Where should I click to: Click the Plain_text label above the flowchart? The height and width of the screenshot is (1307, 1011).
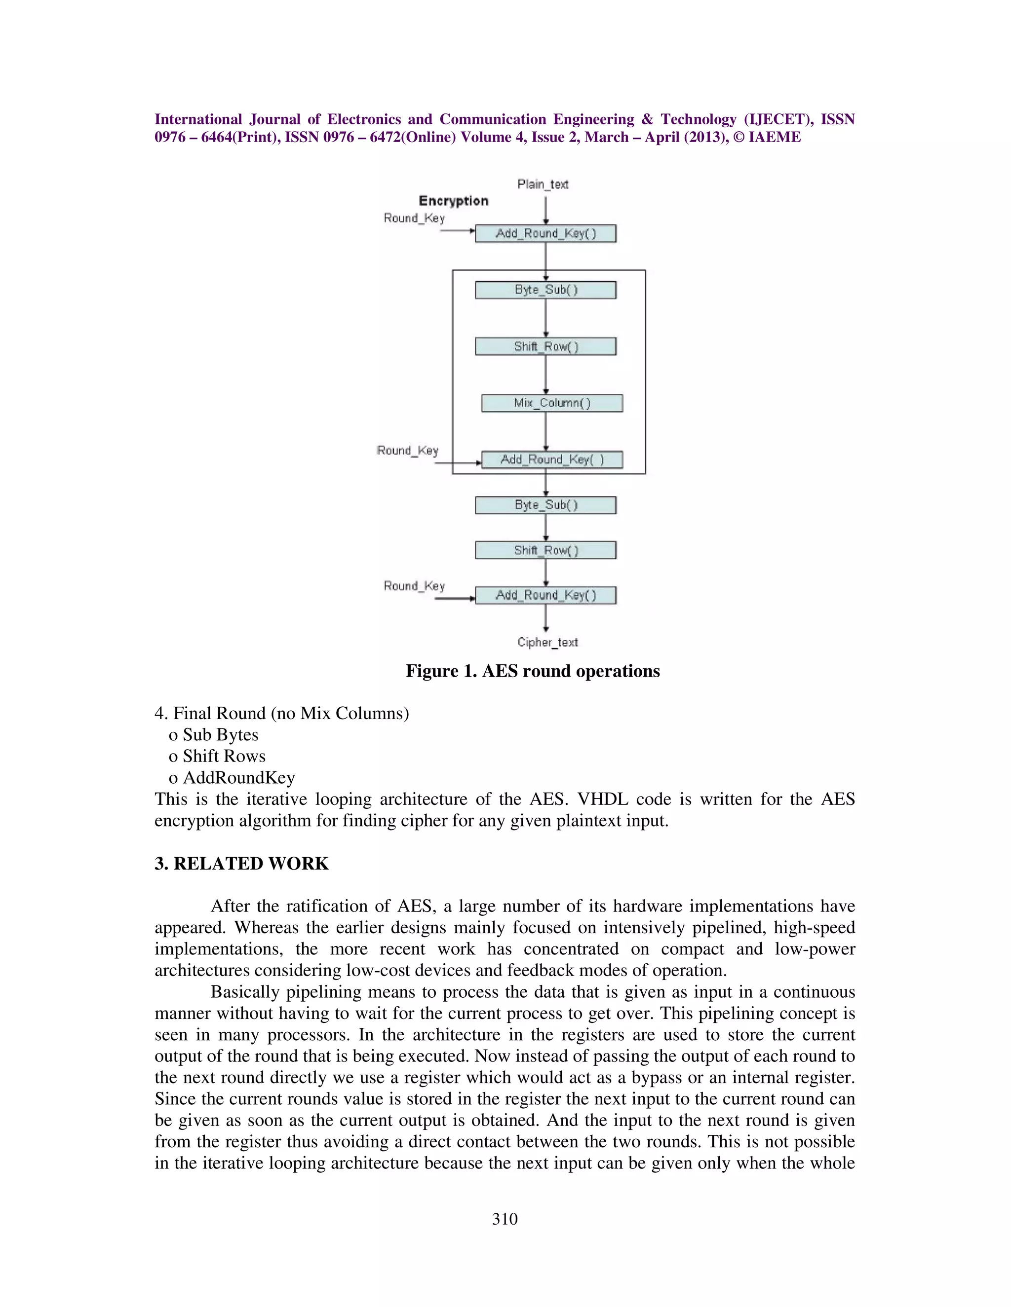[x=543, y=184]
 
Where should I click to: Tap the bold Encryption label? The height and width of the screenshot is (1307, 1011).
[x=453, y=201]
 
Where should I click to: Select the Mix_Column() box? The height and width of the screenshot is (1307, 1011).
[x=551, y=403]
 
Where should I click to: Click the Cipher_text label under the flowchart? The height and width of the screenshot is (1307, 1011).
[x=547, y=642]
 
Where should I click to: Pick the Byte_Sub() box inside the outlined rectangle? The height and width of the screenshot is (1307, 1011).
[x=545, y=290]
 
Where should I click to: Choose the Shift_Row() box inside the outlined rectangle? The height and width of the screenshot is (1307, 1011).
[x=545, y=347]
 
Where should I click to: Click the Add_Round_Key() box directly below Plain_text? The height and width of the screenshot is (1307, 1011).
[x=545, y=234]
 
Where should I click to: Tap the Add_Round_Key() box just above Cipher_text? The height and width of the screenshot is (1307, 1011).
[x=545, y=595]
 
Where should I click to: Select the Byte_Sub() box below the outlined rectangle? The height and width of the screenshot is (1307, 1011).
[x=545, y=505]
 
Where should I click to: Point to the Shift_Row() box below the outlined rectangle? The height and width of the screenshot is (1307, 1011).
[x=545, y=550]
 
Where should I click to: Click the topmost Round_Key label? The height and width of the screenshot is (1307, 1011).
[x=414, y=218]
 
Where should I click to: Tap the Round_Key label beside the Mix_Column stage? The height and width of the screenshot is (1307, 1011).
[x=407, y=451]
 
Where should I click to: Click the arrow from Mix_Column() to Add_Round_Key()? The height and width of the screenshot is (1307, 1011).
[x=545, y=431]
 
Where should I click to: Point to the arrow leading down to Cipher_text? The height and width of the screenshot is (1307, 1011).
[x=545, y=617]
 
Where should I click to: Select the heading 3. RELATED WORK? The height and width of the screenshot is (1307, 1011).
[x=241, y=864]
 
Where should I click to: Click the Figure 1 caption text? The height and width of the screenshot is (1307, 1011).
[x=533, y=671]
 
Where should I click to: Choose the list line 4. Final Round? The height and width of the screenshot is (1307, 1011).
[x=281, y=713]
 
